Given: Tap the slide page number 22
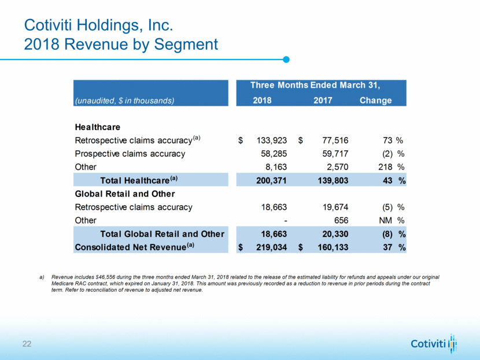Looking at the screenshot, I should [27, 344].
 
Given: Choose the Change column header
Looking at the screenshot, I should [375, 101].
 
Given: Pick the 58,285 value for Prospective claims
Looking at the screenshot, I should [273, 154].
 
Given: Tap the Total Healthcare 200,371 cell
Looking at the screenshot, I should [269, 181].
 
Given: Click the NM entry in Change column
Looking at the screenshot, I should [386, 220].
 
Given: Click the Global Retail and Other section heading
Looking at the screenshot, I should [125, 194].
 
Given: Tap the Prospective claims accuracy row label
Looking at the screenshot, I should [130, 154].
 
